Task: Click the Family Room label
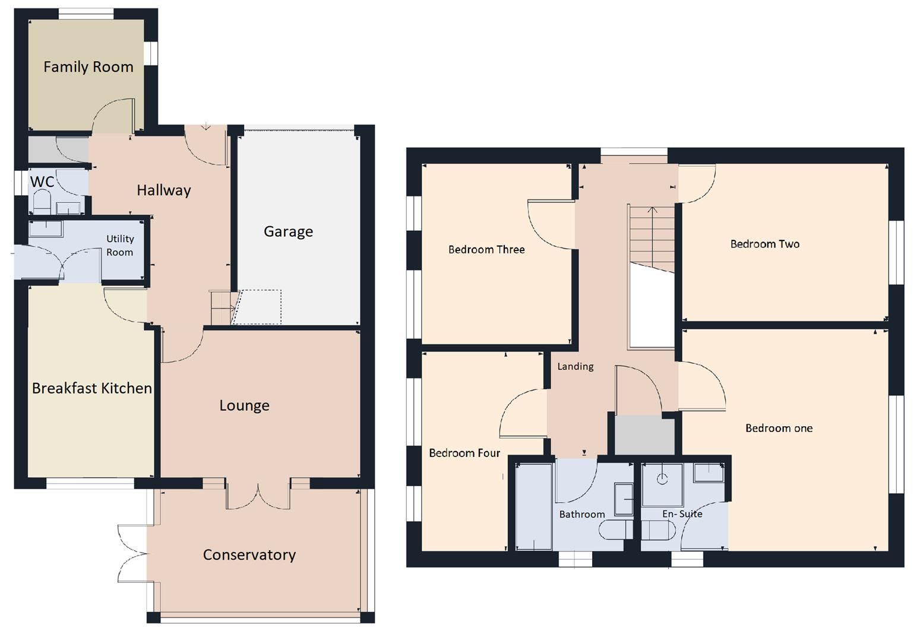tap(88, 66)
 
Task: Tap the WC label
tap(42, 181)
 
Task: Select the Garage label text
tap(288, 231)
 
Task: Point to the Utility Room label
tap(120, 245)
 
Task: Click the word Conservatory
tap(249, 555)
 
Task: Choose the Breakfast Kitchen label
tap(92, 388)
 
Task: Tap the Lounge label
tap(245, 405)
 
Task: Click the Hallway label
tap(164, 190)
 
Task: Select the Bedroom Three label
tap(486, 249)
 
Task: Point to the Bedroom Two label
tap(765, 244)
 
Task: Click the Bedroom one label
tap(779, 429)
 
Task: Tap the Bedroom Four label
tap(464, 453)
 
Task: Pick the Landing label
tap(575, 367)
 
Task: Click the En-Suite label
tap(682, 514)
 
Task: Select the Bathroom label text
tap(581, 514)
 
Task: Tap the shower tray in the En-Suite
tap(662, 485)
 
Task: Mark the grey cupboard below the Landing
tap(645, 434)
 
